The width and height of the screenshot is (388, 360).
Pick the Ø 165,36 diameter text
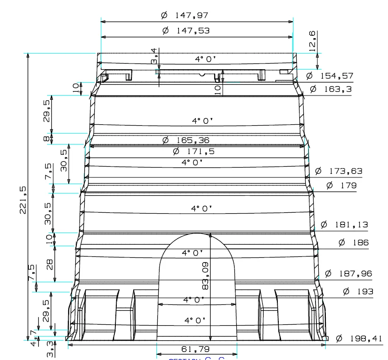(186, 140)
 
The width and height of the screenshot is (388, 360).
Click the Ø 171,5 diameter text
(194, 152)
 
